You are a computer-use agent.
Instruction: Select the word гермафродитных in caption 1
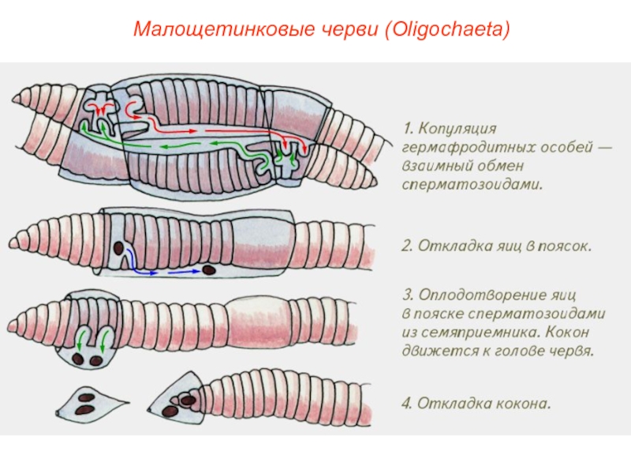[457, 147]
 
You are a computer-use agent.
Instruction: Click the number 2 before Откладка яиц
[405, 246]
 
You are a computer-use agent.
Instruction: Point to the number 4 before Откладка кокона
[405, 404]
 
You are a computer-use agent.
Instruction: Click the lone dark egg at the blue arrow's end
[209, 270]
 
